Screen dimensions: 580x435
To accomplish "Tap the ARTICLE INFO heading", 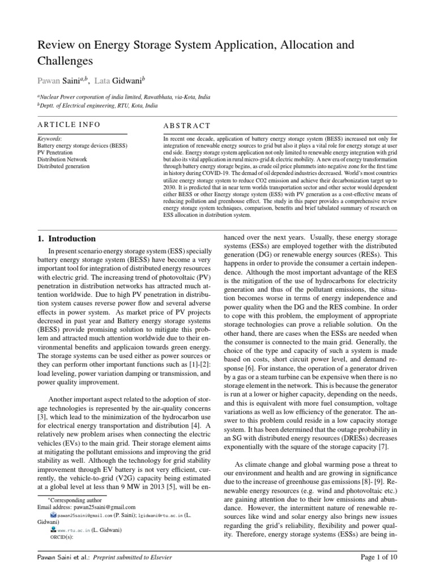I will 69,125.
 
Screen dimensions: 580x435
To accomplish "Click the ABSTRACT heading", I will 187,126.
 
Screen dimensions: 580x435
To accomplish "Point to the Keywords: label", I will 50,138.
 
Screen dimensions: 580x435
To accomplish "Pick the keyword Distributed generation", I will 63,167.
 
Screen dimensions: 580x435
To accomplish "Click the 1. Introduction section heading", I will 66,238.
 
